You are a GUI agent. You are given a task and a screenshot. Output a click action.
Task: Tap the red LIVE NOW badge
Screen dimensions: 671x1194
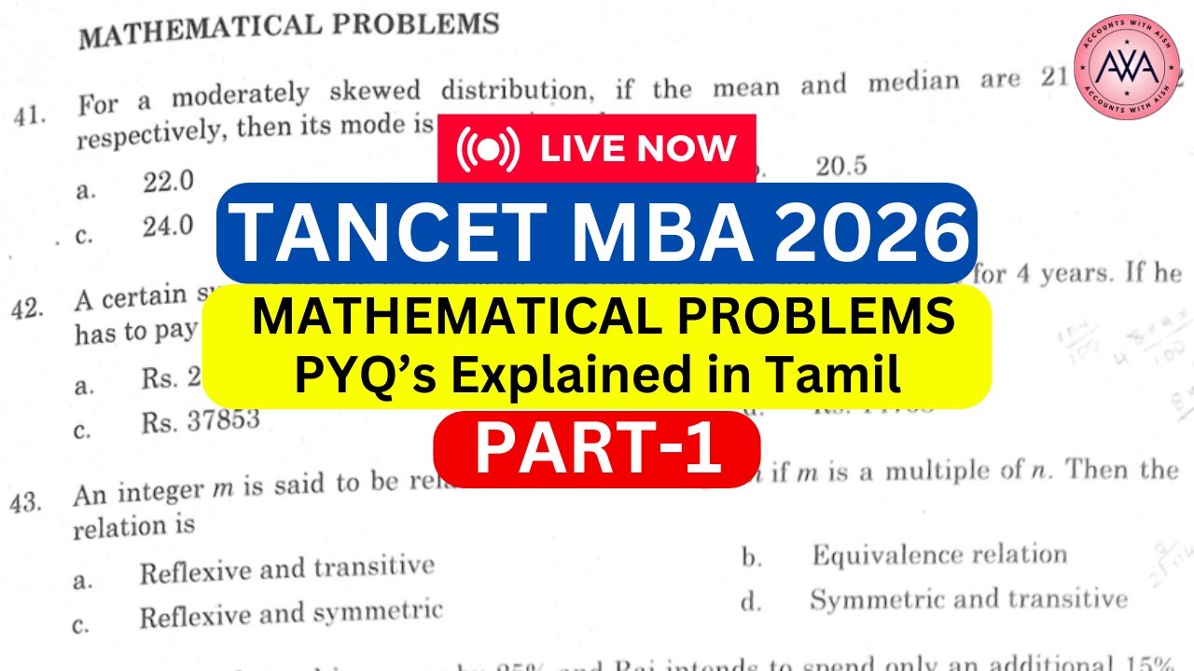pos(596,148)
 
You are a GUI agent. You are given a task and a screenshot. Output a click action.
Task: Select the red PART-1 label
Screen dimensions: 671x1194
pos(596,451)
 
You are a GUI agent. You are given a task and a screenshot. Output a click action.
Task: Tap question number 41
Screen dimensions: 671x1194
pos(30,116)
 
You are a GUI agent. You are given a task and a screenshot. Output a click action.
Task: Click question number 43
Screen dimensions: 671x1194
pos(27,502)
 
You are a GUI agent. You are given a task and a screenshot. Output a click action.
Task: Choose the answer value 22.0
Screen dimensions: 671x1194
pos(168,184)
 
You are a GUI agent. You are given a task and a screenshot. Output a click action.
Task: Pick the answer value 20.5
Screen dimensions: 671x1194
pos(840,166)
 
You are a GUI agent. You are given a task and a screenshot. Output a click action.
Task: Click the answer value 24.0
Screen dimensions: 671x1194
pos(168,226)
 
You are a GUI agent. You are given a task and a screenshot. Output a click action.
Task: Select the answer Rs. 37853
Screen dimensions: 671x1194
pos(201,421)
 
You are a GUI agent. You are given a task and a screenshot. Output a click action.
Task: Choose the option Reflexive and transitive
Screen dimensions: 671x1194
pos(286,569)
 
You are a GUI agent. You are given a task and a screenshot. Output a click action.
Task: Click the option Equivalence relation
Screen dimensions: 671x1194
pos(938,555)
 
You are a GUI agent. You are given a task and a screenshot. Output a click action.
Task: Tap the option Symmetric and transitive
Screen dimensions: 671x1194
pos(967,599)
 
